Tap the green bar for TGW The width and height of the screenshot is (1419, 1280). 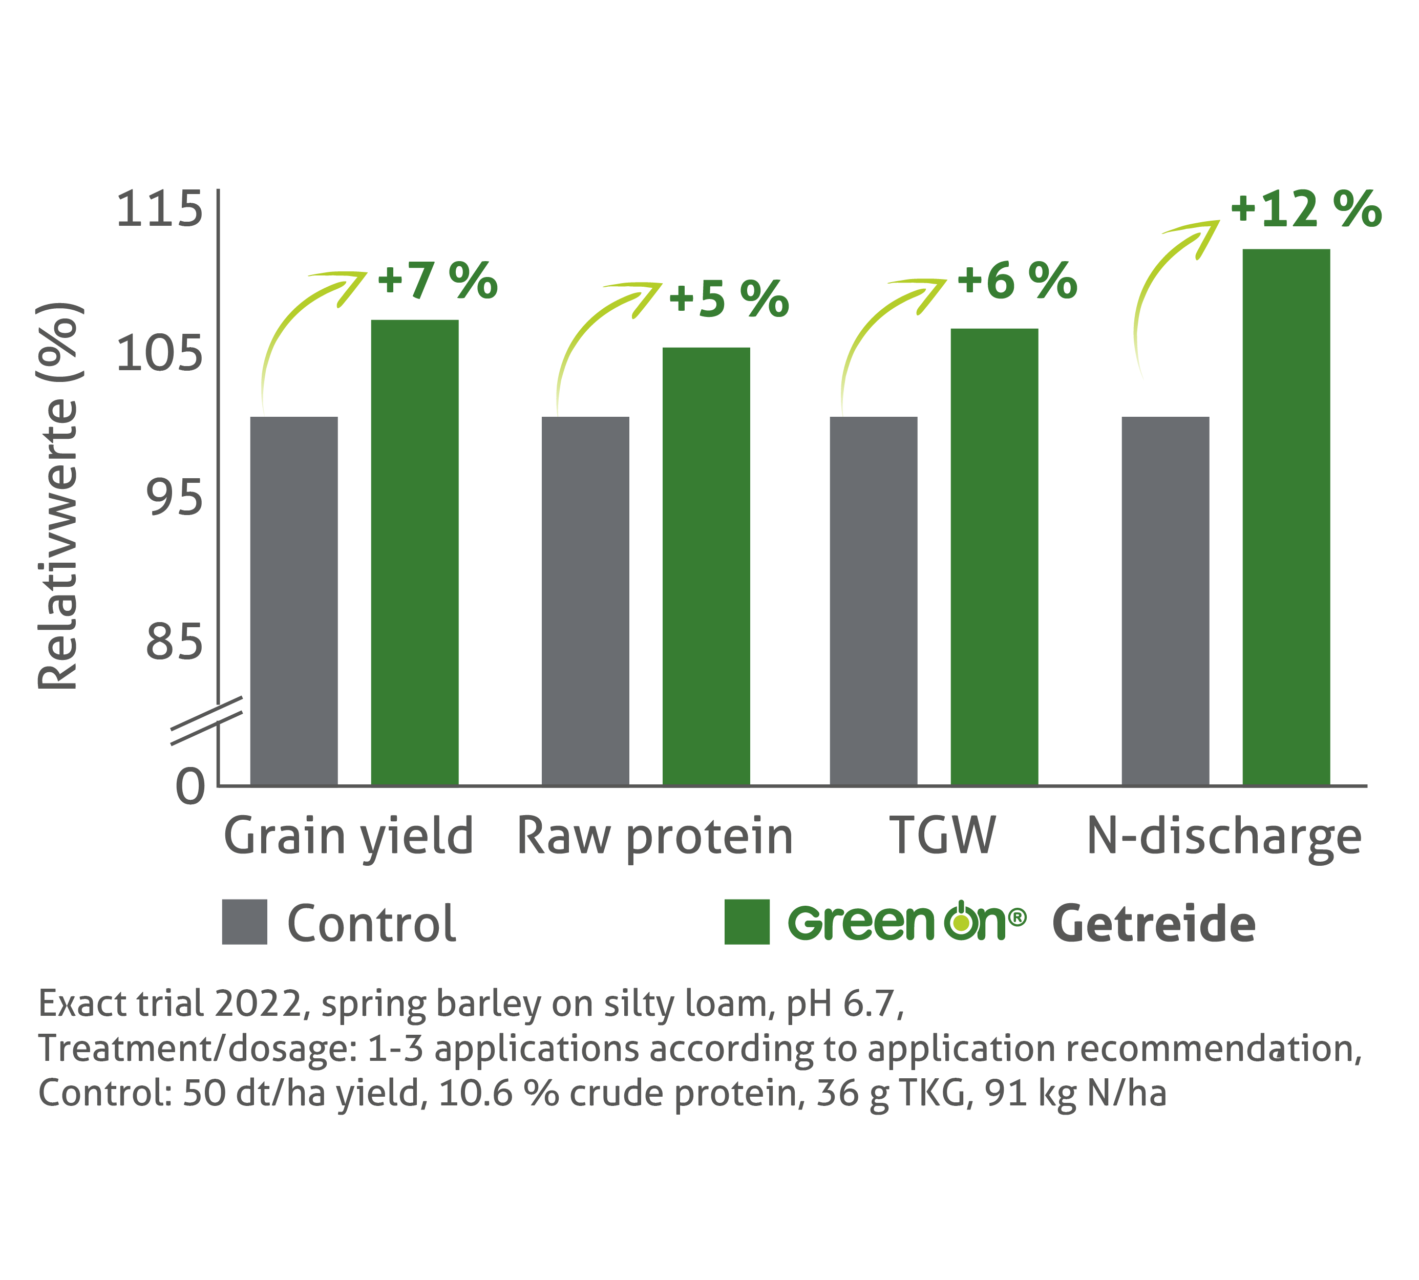tap(993, 556)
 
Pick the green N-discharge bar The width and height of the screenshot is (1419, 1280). tap(1285, 517)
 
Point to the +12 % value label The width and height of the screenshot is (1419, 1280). tap(1305, 209)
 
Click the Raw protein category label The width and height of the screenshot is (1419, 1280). tap(654, 837)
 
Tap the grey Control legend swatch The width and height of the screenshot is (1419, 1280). tap(244, 921)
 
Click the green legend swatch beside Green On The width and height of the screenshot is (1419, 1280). tap(747, 921)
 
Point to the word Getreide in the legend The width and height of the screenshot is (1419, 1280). tap(1153, 924)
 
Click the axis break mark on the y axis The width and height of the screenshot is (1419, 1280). tap(207, 720)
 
